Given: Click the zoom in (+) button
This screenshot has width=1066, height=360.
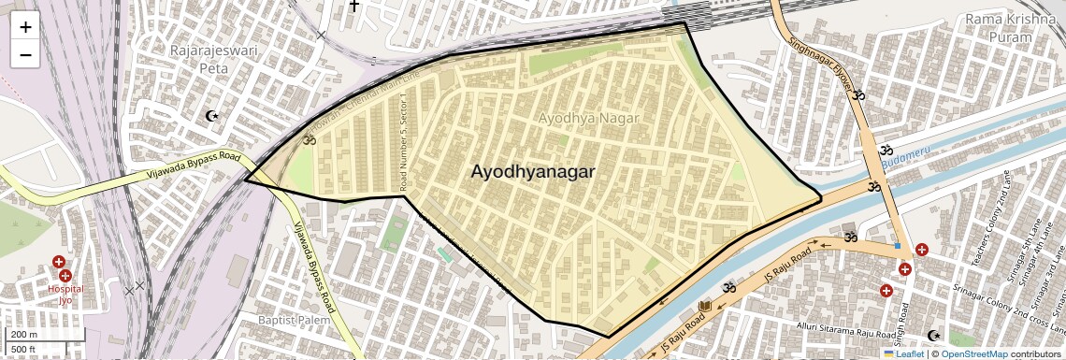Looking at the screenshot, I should click(25, 27).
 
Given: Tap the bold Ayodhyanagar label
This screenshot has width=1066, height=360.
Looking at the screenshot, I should click(532, 172).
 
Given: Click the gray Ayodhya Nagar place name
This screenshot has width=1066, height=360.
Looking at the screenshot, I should click(588, 119).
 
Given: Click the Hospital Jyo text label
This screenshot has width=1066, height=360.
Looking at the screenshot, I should click(65, 295).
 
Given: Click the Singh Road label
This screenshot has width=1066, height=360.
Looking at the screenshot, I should click(906, 324).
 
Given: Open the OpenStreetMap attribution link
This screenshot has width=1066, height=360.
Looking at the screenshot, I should click(973, 353).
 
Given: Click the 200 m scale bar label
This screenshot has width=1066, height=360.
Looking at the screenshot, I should click(23, 335).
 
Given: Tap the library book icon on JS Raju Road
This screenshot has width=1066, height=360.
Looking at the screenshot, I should click(705, 307).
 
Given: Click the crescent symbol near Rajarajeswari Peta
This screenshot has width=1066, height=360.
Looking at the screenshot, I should click(213, 117).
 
